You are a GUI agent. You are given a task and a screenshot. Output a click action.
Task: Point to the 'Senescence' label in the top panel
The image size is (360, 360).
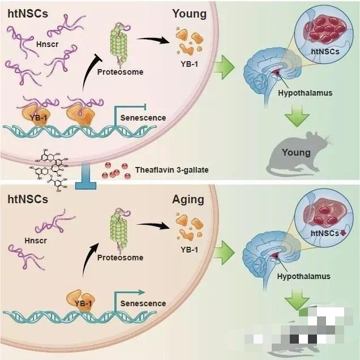pos(143,118)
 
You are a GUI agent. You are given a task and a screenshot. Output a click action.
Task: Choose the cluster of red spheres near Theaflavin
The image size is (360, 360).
pos(113,170)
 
